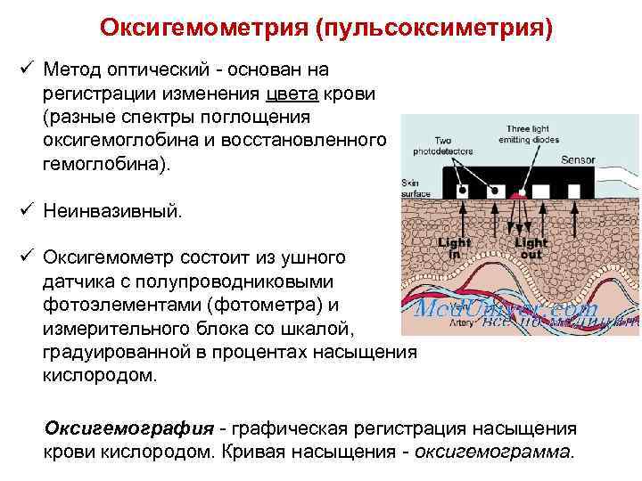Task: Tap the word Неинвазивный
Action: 111,211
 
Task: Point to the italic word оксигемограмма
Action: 495,451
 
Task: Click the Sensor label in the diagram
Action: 577,161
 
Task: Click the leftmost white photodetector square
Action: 462,191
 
